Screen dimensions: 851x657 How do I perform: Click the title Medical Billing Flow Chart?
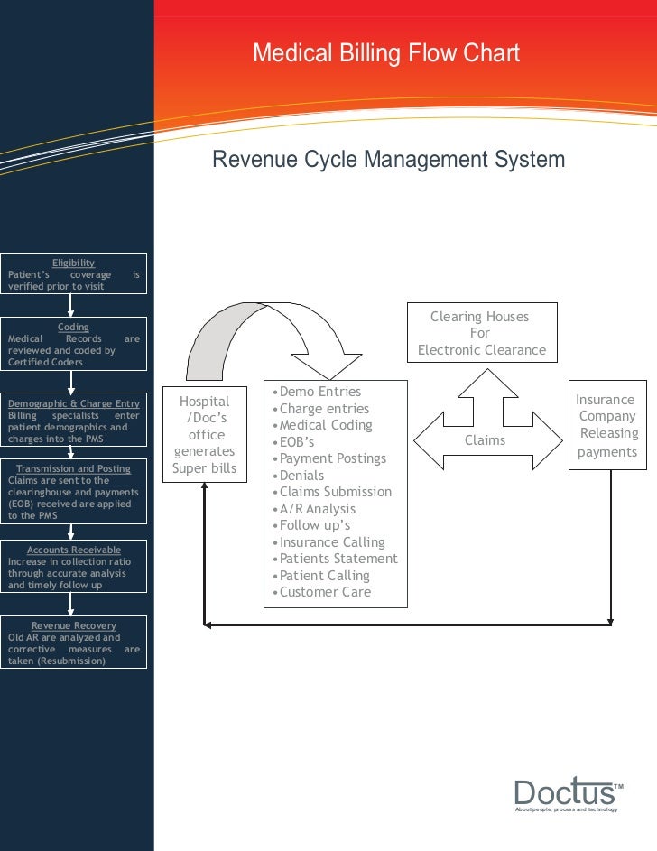coord(386,53)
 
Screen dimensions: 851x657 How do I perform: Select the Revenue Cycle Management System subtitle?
coord(388,161)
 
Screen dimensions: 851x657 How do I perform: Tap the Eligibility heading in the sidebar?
coord(73,263)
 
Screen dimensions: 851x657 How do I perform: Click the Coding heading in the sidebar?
coord(73,327)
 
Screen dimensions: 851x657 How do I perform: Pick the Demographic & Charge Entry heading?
coord(73,403)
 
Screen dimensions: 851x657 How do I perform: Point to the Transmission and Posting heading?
coord(73,468)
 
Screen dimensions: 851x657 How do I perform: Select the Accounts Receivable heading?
coord(73,550)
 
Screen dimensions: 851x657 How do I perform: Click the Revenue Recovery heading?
coord(73,625)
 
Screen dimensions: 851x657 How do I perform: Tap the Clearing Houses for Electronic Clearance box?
coord(481,333)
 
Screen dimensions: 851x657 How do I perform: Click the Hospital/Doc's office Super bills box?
coord(205,434)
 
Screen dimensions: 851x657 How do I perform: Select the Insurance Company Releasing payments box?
coord(606,425)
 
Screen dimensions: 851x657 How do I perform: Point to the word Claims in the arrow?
coord(485,440)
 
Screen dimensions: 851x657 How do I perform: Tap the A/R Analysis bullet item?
coord(318,509)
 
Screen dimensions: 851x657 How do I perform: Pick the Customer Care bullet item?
coord(325,592)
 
